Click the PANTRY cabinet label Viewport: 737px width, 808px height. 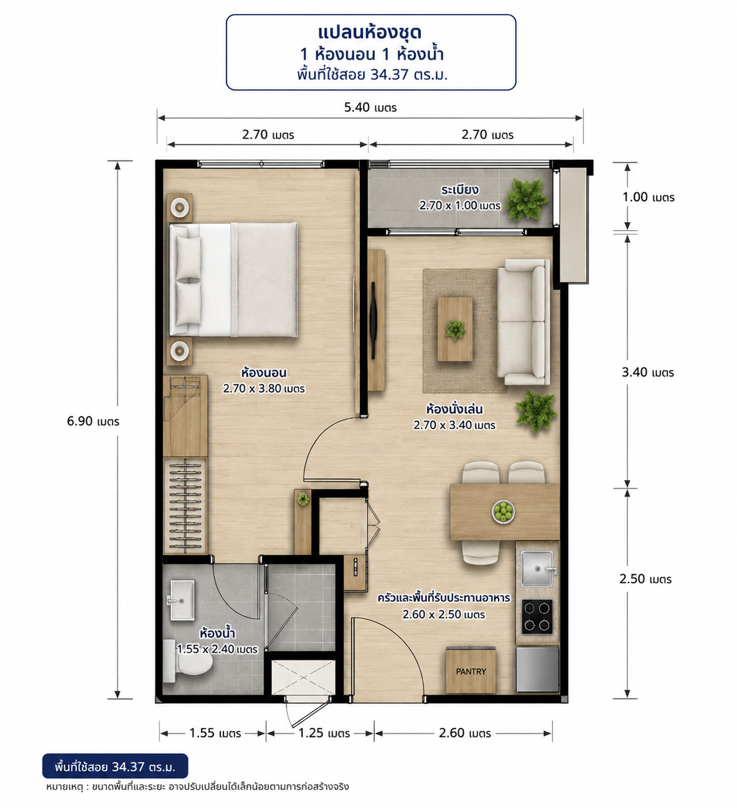coord(471,671)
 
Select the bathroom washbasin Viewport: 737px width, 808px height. coord(181,600)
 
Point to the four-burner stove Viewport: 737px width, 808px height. coord(537,617)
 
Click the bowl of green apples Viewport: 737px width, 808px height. coord(503,512)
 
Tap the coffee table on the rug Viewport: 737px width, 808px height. coord(455,329)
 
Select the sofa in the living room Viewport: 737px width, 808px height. coord(523,322)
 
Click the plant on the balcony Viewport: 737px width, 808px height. coord(526,199)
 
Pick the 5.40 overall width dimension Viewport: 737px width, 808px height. coord(370,108)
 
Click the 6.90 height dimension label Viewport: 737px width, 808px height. coord(93,422)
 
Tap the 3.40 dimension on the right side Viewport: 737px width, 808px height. coord(648,372)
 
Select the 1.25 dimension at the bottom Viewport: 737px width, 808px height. coord(324,733)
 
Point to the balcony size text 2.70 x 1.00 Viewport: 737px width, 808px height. coord(460,206)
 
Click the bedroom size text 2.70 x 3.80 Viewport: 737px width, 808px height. coord(264,389)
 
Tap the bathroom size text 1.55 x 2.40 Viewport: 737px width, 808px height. coord(217,649)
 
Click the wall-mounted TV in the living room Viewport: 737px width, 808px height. coord(373,320)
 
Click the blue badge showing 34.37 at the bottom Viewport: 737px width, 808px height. coord(115,766)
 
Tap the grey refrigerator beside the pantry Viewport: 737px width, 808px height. coord(537,670)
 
